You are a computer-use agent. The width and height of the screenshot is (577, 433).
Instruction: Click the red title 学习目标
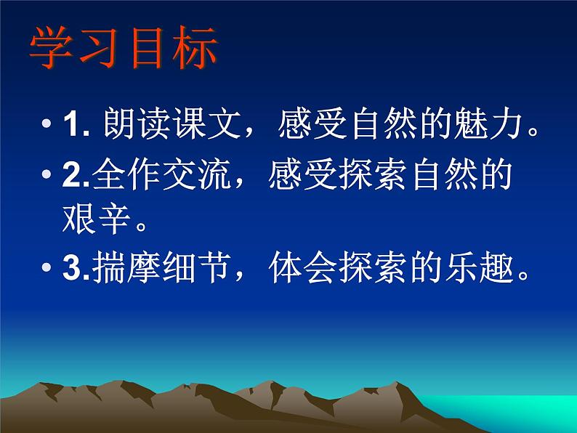pos(123,49)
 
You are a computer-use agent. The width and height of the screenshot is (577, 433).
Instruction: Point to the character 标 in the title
pos(194,49)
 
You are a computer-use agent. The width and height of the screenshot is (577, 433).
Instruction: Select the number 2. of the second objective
pos(76,177)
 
